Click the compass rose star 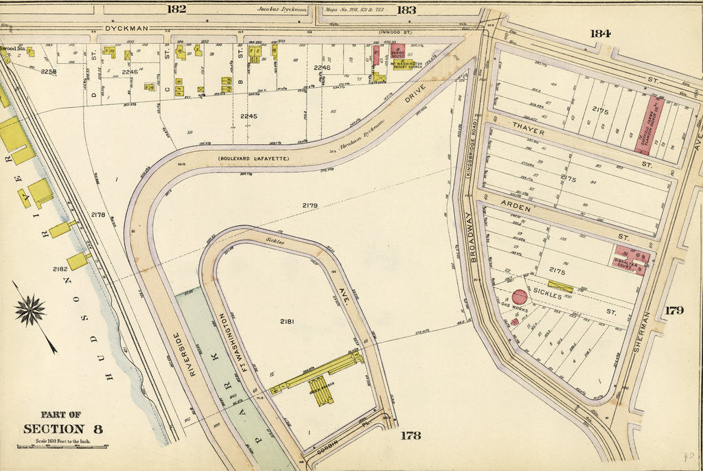click(x=30, y=310)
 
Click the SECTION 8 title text click(x=62, y=429)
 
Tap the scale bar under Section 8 click(x=62, y=446)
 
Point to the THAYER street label click(x=527, y=131)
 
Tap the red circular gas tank click(x=520, y=297)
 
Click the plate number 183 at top click(x=406, y=10)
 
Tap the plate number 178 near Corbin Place click(x=411, y=435)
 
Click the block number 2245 click(x=248, y=116)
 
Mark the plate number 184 click(x=599, y=33)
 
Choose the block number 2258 click(x=49, y=71)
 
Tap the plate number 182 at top click(x=176, y=9)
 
